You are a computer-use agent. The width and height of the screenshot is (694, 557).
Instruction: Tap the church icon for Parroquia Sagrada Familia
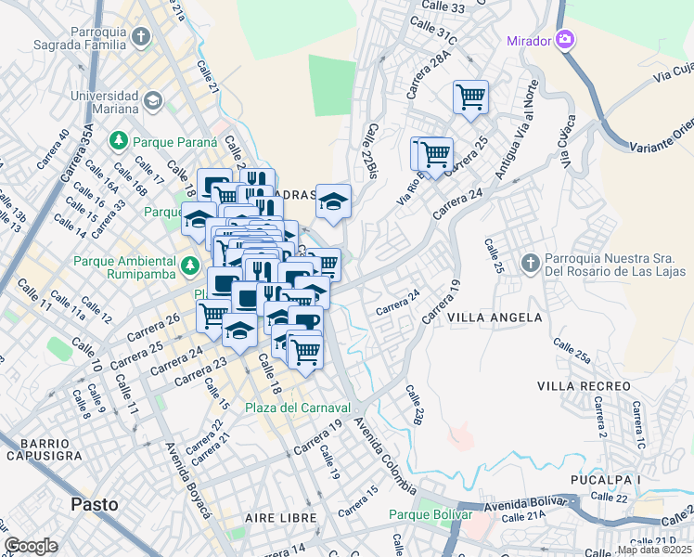pos(140,37)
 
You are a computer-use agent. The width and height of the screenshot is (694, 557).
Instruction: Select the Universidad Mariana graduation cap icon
pos(153,99)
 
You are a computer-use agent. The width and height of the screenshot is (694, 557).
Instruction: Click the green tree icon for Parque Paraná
pos(119,141)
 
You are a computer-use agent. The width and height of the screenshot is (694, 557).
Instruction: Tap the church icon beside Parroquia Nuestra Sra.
pos(530,263)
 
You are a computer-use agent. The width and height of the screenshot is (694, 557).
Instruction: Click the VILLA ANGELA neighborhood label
pos(495,317)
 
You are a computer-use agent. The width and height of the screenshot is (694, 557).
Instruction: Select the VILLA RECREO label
pos(582,383)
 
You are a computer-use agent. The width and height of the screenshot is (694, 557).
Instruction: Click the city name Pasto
pos(95,504)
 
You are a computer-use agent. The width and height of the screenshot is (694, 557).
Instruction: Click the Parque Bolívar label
pos(431,514)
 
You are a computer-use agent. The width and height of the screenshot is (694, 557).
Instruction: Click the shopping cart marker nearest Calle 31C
pos(470,96)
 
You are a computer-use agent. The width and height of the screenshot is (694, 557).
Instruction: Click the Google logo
pos(32,546)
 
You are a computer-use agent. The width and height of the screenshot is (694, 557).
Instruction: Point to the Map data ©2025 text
pos(653,550)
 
